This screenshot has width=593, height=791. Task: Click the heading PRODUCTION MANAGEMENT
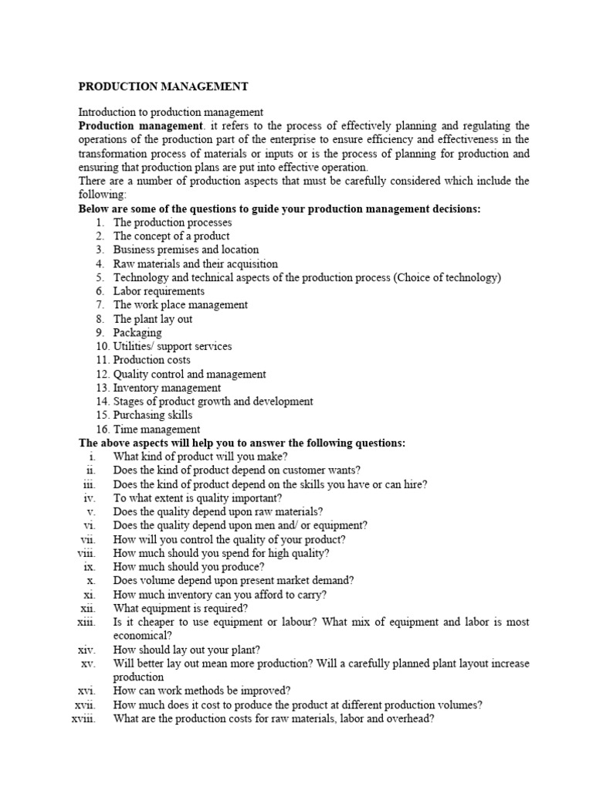pyautogui.click(x=164, y=86)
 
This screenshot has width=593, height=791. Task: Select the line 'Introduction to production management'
pyautogui.click(x=171, y=112)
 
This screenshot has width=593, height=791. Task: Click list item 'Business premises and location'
pyautogui.click(x=186, y=250)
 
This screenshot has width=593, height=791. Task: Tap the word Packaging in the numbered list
pyautogui.click(x=137, y=333)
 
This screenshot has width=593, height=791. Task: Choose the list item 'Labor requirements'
pyautogui.click(x=159, y=291)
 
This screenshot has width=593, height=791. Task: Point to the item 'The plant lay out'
pyautogui.click(x=153, y=319)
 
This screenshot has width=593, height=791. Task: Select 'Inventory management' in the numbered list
pyautogui.click(x=167, y=388)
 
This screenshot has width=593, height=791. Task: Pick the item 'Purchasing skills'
pyautogui.click(x=153, y=416)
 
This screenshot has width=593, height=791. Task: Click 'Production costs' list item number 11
pyautogui.click(x=152, y=360)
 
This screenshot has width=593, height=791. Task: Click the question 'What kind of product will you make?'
pyautogui.click(x=201, y=457)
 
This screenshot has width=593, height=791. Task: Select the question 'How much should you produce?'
pyautogui.click(x=189, y=567)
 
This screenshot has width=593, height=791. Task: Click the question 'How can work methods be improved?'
pyautogui.click(x=202, y=691)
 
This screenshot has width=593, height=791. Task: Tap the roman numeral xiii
pyautogui.click(x=86, y=622)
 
